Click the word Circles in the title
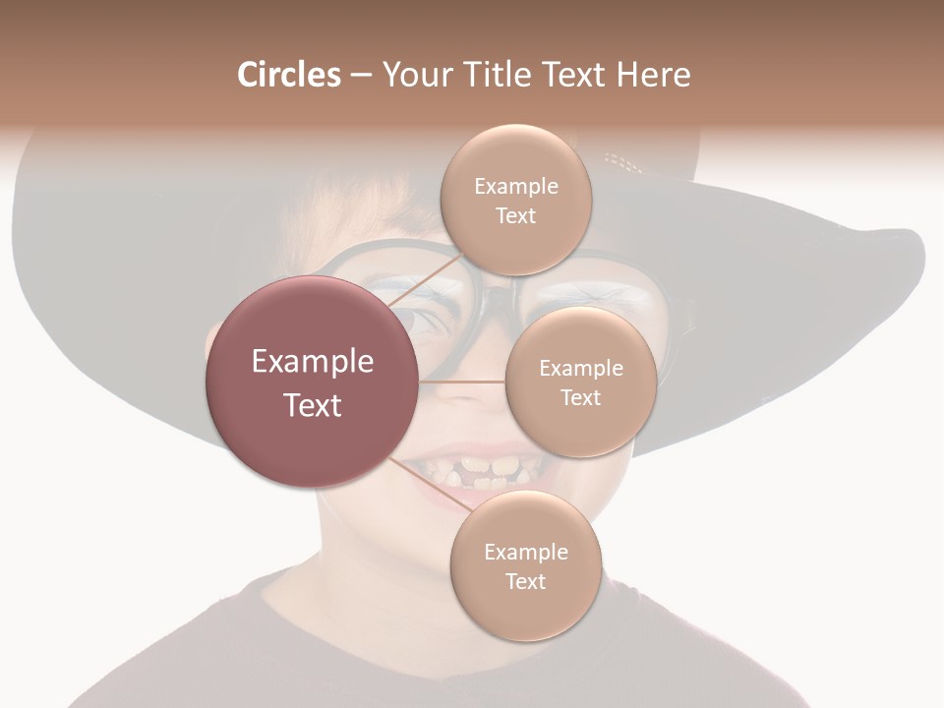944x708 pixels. coord(288,75)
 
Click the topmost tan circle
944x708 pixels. coord(515,200)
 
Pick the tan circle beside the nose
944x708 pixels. coord(580,382)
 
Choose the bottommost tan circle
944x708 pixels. coord(525,565)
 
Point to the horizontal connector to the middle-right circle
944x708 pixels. coord(462,382)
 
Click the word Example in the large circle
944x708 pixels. coord(313,362)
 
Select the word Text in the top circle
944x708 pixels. coord(515,215)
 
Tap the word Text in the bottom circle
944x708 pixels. coord(525,581)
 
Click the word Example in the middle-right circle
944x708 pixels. coord(580,368)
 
